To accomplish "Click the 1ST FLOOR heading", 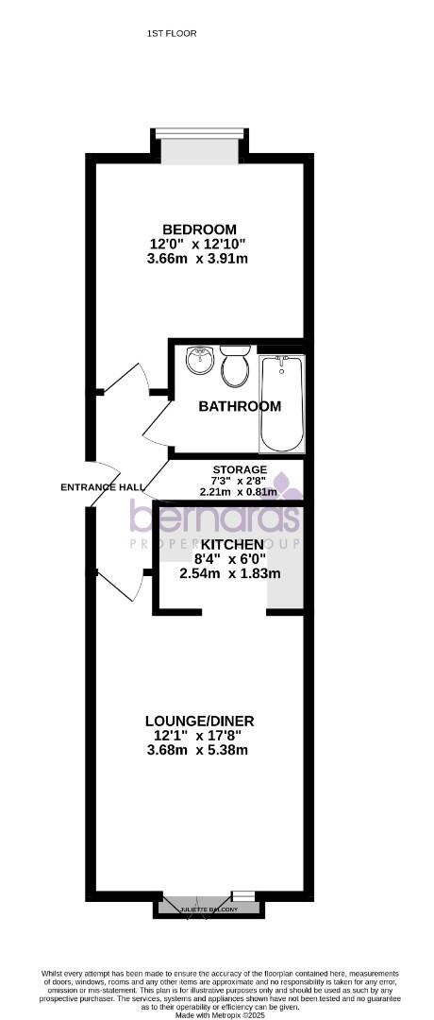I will coord(172,33).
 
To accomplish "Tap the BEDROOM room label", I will coord(199,229).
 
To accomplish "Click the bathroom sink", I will coord(199,360).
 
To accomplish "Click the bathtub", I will coord(281,403).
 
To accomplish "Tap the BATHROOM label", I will coord(240,407).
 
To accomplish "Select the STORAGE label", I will coord(240,469).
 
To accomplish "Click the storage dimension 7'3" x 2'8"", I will coord(240,481).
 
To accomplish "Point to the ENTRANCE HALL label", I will coord(103,487).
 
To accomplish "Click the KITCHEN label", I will coord(232,546).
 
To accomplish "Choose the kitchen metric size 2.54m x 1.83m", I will coord(232,573).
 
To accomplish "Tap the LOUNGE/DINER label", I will coord(199,722).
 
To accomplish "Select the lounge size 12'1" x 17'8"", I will coord(199,736).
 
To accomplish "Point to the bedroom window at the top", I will coord(199,133).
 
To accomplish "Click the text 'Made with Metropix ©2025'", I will coord(217,1014).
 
